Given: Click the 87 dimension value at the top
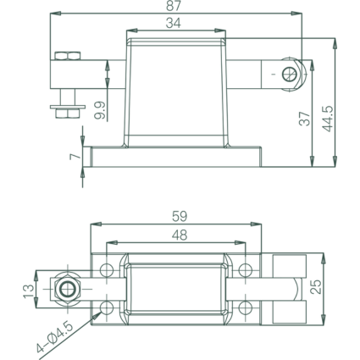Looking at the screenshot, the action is [173, 6].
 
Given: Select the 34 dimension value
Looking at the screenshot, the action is [173, 23].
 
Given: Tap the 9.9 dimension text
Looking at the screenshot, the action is [100, 110].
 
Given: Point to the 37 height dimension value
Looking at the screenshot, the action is [305, 119].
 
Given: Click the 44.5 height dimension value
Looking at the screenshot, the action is [328, 119].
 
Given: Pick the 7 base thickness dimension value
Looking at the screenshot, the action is [75, 157].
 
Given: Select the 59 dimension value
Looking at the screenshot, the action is [180, 217].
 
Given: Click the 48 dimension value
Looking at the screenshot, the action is [180, 235].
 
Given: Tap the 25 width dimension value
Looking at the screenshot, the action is [316, 287].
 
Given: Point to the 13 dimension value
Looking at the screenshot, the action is [29, 291].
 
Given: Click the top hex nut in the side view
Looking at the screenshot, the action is [68, 56].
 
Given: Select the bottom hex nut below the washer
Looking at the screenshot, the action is [68, 114].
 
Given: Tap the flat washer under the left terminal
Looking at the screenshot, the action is [68, 107].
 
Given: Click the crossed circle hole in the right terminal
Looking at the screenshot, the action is [289, 74].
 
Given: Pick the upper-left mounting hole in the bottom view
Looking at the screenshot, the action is [107, 270].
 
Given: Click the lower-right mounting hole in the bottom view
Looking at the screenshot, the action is [245, 307].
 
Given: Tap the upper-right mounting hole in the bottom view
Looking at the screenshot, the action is [245, 270].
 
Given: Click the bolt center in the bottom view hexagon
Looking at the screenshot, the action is [68, 289].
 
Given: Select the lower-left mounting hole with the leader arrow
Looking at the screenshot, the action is [107, 307].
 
